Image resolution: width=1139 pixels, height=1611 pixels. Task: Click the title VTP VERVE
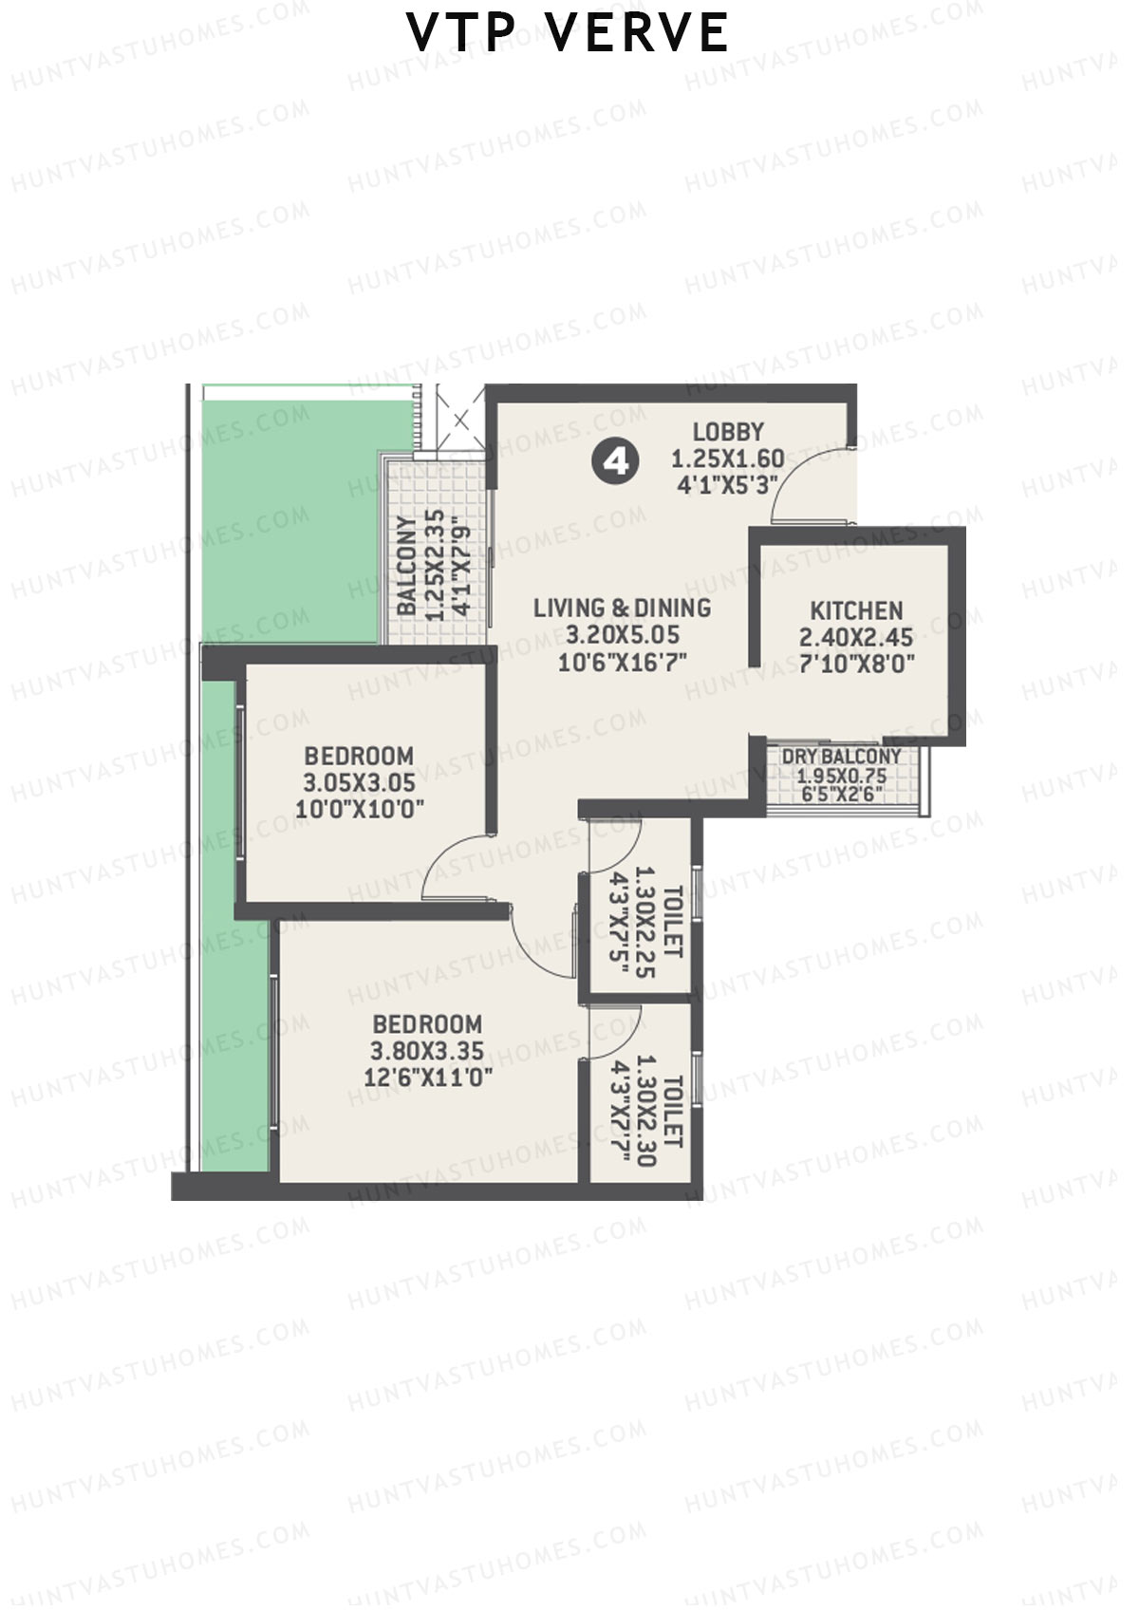click(x=568, y=33)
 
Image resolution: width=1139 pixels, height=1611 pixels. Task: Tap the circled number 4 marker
click(x=616, y=462)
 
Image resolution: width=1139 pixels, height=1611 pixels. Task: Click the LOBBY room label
click(x=728, y=432)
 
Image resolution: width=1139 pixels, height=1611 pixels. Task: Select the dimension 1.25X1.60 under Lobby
click(x=728, y=459)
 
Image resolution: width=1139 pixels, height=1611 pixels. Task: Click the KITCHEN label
click(x=856, y=610)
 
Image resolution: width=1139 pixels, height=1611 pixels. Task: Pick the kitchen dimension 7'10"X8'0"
click(x=856, y=664)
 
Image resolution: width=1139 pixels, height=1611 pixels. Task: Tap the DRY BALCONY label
click(x=841, y=757)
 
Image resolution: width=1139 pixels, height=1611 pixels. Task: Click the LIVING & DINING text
click(x=622, y=608)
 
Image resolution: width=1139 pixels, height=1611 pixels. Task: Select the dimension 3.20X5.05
click(x=622, y=634)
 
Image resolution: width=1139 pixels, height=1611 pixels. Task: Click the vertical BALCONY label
click(x=406, y=566)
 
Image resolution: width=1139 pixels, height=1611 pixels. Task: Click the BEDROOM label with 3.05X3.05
click(x=359, y=757)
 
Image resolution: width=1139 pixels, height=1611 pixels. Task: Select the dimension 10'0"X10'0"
click(x=359, y=809)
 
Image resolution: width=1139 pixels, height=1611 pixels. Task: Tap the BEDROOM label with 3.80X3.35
click(x=427, y=1024)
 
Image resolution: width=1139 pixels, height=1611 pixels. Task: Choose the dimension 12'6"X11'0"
click(x=427, y=1077)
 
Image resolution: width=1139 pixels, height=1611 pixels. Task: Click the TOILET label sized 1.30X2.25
click(x=673, y=921)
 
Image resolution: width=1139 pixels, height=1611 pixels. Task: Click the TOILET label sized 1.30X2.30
click(x=673, y=1111)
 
